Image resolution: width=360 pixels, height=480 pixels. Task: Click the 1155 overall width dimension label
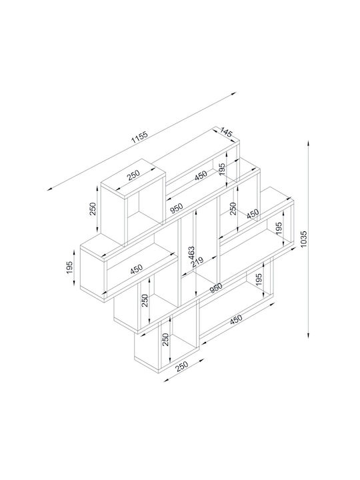coord(139,137)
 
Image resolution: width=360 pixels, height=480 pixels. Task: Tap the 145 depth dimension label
coord(226,132)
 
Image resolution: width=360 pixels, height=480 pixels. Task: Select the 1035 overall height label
coord(304,240)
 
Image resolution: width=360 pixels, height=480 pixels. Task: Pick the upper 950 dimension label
coord(177,208)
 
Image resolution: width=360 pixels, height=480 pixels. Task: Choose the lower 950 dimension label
coord(216,287)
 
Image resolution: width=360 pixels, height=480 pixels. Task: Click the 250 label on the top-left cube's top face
coord(133,174)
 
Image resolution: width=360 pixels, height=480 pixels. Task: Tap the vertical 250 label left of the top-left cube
coord(93,209)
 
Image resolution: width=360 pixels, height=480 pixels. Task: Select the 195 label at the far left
coord(69,267)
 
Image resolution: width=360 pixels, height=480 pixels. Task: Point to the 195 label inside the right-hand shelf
coord(279,228)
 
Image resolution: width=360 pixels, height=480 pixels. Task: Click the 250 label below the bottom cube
coord(182,366)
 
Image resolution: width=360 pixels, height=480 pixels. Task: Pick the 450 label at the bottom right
coord(236,319)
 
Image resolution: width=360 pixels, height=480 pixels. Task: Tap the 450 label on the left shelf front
coord(136,269)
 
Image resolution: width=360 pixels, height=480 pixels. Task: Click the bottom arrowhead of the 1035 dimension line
coord(309,335)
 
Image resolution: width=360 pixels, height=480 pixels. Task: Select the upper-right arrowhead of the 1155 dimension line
coord(234,93)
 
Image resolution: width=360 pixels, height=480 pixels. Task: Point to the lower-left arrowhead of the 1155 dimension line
coord(50,189)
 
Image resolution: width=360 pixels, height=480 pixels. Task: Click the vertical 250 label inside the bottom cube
coord(165,339)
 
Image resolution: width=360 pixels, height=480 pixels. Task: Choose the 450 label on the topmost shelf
coord(201,175)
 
